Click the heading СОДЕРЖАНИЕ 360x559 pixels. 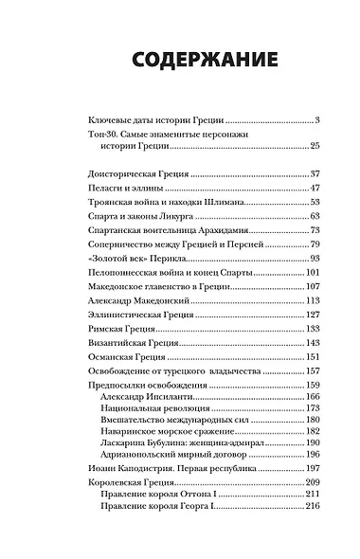point(180,61)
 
